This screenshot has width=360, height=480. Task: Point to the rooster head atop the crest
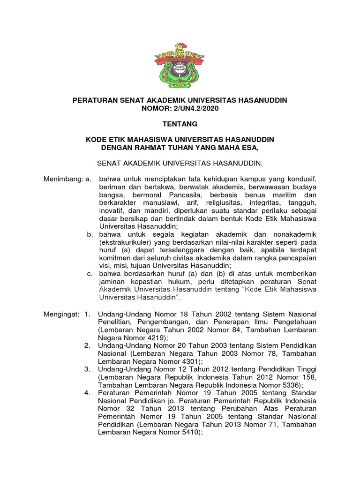point(180,47)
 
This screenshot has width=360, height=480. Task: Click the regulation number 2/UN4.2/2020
point(196,108)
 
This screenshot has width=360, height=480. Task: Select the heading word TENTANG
point(180,124)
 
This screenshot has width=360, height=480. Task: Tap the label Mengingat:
point(60,313)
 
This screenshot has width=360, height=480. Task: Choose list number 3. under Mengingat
point(87,369)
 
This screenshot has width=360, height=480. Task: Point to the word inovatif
point(111,211)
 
